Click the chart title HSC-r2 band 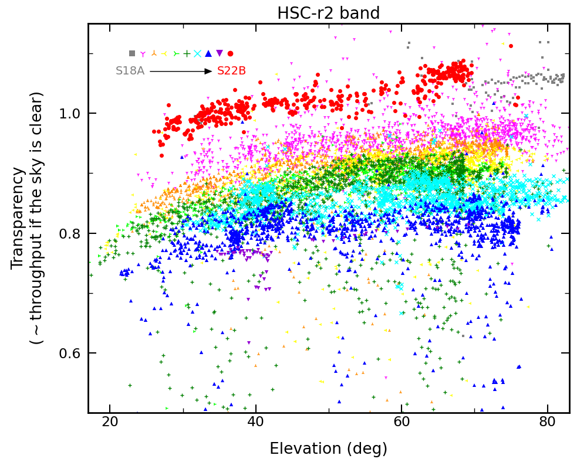point(328,13)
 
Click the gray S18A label point(130,71)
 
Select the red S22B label point(231,71)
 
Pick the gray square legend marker point(132,53)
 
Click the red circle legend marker point(230,53)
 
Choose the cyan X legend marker point(197,53)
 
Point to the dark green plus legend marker point(187,53)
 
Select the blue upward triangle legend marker point(208,53)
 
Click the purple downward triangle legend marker point(220,53)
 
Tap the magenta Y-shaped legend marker point(143,54)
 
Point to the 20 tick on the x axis point(109,422)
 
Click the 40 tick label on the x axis point(255,422)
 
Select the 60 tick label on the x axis point(402,422)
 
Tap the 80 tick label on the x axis point(547,422)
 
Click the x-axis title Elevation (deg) point(328,449)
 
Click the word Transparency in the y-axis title point(19,218)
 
